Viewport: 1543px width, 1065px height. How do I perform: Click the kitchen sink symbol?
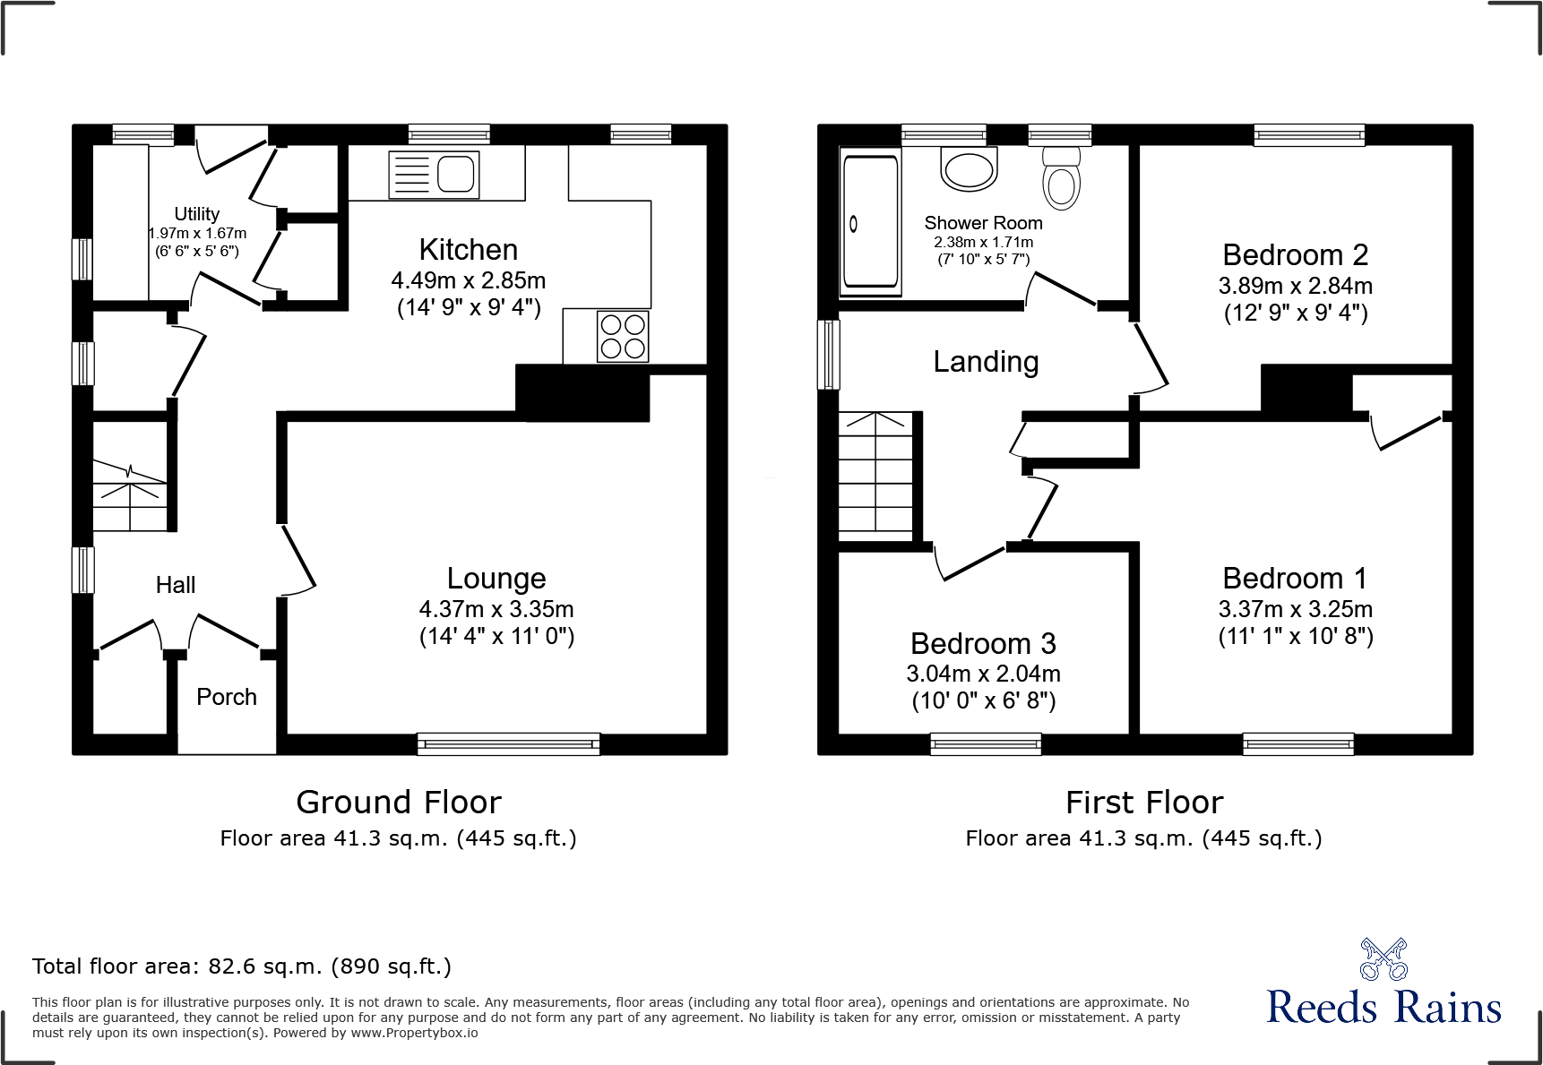tap(434, 174)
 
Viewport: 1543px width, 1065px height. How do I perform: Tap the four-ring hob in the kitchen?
tap(623, 336)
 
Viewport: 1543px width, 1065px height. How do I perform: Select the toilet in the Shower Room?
tap(1062, 179)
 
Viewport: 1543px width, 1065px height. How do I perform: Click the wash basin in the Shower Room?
tap(969, 169)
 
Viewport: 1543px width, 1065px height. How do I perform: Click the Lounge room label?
tap(496, 579)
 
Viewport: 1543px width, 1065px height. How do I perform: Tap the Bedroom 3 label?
tap(983, 643)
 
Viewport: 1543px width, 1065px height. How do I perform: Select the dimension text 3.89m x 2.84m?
tap(1295, 286)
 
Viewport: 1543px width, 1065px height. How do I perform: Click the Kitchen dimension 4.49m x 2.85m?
tap(468, 280)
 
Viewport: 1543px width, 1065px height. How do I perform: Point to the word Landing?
tap(986, 362)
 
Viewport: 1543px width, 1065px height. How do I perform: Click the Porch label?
tap(227, 697)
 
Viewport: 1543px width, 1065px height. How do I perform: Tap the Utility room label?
tap(196, 214)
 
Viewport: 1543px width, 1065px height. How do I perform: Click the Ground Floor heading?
tap(399, 802)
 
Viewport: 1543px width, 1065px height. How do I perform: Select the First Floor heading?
tap(1143, 802)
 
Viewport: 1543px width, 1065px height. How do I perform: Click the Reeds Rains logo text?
tap(1383, 1008)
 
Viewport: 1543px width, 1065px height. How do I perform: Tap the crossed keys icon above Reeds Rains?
tap(1383, 959)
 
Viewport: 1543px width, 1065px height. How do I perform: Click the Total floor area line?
tap(242, 966)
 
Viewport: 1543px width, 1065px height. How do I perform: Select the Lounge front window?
tap(508, 743)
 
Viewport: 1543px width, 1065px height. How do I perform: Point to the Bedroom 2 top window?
tap(1309, 135)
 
